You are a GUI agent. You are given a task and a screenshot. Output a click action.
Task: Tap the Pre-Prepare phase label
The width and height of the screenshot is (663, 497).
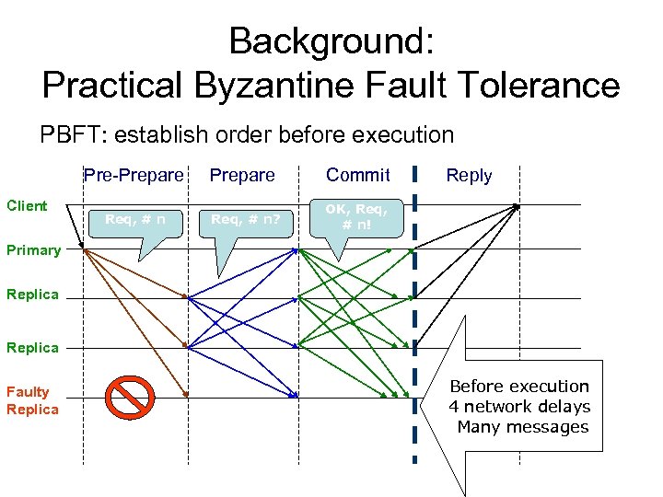pos(134,175)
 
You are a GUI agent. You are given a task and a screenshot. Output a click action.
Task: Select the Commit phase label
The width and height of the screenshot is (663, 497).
pos(358,175)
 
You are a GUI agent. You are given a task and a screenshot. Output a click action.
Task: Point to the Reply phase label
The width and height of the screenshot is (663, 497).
pos(469,175)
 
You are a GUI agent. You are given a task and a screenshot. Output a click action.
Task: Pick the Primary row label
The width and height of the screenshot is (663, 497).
pos(33,249)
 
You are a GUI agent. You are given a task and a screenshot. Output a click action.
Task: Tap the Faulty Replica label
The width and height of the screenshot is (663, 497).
pos(32,400)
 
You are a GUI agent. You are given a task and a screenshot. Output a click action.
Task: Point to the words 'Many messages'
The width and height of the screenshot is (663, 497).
pos(522,427)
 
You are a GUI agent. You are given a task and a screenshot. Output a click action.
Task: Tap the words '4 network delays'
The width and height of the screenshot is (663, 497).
pos(519,407)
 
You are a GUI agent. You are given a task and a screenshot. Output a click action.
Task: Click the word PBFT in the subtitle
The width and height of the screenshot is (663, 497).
pos(73,135)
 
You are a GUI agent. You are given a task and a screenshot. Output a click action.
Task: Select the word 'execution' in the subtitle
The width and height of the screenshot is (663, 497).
pos(402,135)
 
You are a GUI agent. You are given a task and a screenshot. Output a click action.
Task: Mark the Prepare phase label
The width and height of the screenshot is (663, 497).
pos(242,175)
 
